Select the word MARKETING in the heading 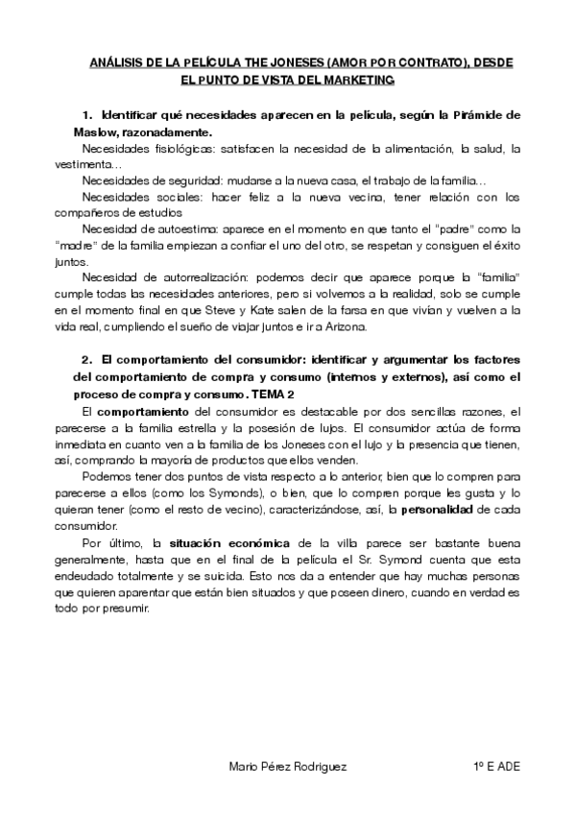point(355,80)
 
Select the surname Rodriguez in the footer point(319,766)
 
